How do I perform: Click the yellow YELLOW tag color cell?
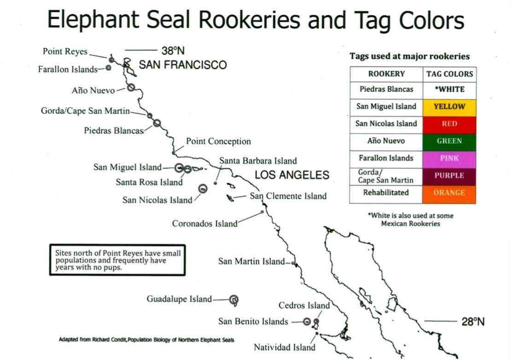pos(449,107)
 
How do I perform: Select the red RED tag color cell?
pos(449,124)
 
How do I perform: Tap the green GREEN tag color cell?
pos(449,141)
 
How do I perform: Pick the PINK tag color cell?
pos(449,158)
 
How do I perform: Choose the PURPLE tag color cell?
pos(449,176)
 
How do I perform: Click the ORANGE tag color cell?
pos(449,193)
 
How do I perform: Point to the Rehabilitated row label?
pos(386,193)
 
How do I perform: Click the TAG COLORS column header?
pos(449,74)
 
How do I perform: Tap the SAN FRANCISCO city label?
pos(183,65)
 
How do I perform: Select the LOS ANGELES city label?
pos(292,175)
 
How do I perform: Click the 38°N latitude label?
pos(173,51)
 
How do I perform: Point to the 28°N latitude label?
pos(473,322)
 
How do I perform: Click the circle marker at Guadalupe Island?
pos(234,300)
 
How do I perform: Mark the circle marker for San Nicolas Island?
pos(203,188)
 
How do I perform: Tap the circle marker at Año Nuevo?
pos(131,87)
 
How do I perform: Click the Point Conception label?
pos(218,141)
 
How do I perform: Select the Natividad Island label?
pos(285,348)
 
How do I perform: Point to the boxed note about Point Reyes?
pos(117,260)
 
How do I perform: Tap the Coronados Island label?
pos(205,224)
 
